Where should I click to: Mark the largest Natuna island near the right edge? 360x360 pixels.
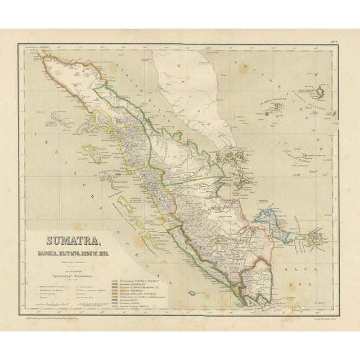click(x=325, y=90)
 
